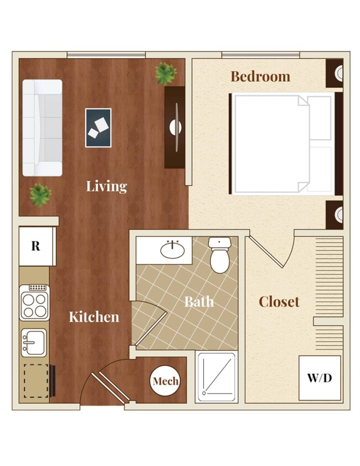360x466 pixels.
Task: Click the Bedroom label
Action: point(260,76)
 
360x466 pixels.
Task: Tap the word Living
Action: point(107,186)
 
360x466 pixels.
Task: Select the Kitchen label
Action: point(94,316)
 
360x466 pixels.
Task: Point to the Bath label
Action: point(199,301)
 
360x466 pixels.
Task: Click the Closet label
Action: point(279,301)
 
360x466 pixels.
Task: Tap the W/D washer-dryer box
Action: point(320,379)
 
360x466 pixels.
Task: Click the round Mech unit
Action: point(166,381)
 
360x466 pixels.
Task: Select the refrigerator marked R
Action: point(36,246)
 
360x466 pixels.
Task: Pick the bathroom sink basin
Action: point(172,250)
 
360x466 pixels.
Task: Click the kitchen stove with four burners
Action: point(34,303)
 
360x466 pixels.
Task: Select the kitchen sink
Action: point(34,342)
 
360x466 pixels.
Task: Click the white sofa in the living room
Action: point(42,128)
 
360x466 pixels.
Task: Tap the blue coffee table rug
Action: point(98,128)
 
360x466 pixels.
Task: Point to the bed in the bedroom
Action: point(282,144)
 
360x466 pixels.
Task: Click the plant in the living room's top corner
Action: point(165,73)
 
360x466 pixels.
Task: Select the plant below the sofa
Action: point(40,194)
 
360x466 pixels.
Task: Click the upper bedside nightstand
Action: point(335,72)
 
